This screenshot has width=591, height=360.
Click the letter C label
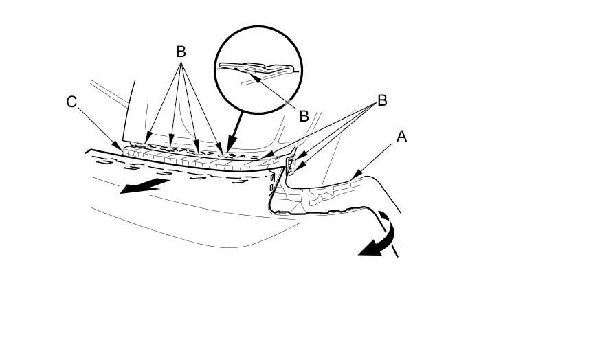[x=72, y=102]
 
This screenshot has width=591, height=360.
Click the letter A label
[x=401, y=137]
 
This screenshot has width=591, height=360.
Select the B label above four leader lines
[x=181, y=52]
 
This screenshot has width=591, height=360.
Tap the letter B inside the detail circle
[x=304, y=115]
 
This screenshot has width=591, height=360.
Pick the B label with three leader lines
[x=382, y=101]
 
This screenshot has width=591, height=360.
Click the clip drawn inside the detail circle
[x=258, y=69]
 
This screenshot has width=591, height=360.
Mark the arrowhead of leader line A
[x=350, y=180]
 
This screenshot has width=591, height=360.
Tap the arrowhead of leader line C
[x=124, y=149]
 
